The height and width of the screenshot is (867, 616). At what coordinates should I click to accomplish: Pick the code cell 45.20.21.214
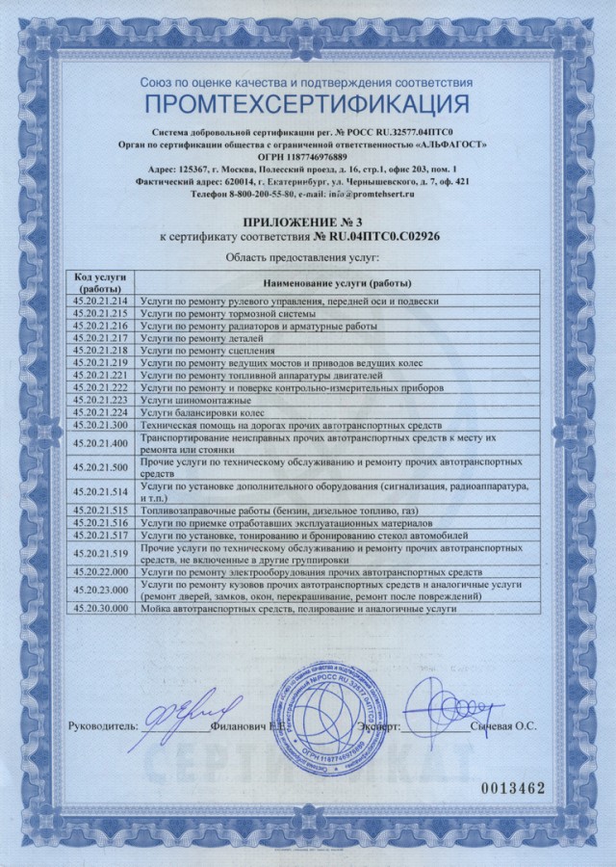[x=100, y=302]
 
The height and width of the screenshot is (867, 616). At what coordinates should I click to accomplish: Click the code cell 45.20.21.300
[x=100, y=425]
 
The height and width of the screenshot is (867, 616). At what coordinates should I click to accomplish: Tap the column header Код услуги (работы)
[x=100, y=282]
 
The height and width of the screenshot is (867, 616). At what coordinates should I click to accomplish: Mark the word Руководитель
[x=105, y=727]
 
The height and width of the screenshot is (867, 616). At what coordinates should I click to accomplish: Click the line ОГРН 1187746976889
[x=308, y=156]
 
